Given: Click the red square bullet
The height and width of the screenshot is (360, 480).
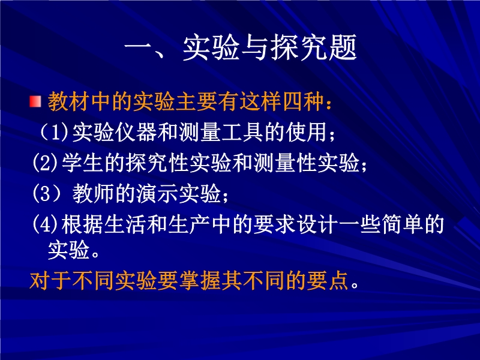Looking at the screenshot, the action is pos(35,101).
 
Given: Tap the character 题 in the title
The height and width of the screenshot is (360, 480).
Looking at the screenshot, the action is pos(343,47).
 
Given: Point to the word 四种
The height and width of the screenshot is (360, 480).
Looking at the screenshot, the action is pos(304,101).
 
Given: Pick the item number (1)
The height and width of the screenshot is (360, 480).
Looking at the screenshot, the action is pos(55,132).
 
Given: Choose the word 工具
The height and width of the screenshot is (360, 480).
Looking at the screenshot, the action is pos(243,132).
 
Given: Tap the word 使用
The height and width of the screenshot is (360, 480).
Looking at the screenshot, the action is pos(307,132).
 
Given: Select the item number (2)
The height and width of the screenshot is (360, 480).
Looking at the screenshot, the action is pos(46,163).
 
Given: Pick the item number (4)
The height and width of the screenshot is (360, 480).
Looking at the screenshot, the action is pos(46,224).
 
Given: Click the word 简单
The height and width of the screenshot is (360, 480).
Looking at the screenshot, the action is pos(403,224).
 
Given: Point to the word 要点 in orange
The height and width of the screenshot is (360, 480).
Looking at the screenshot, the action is pos(328,280).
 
